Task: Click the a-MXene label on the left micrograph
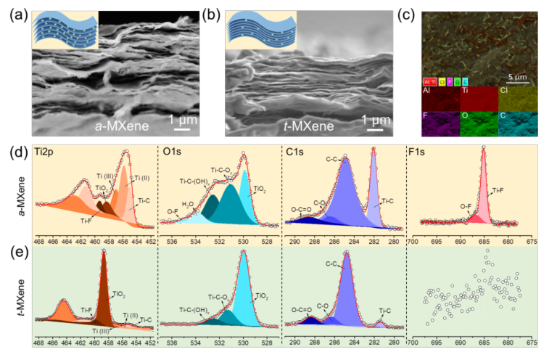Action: pos(123,126)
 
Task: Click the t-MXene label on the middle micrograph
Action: pos(309,127)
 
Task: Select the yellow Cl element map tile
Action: pos(516,99)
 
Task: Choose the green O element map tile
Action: pos(479,123)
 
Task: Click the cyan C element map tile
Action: pos(516,123)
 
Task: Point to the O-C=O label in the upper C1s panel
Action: pos(302,208)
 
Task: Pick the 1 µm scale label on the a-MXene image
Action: pos(182,120)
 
